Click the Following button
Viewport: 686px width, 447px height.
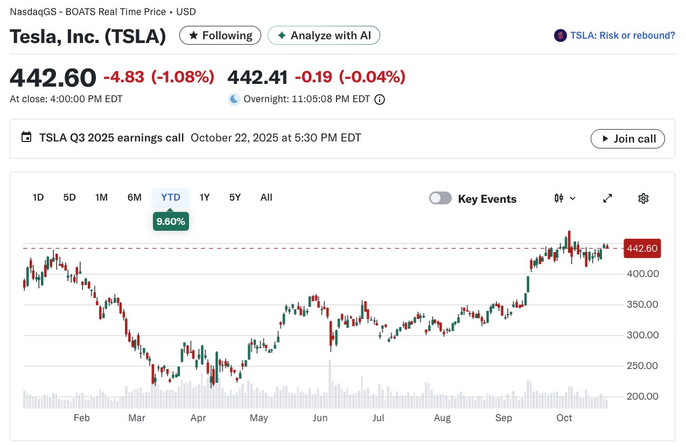click(x=220, y=36)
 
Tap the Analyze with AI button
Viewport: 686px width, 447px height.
click(x=324, y=36)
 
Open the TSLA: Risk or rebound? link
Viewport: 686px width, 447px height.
click(x=614, y=36)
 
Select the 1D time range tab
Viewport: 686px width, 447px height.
click(x=38, y=197)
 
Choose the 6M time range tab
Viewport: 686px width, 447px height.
click(x=135, y=197)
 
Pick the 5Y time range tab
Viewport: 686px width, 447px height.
click(x=235, y=197)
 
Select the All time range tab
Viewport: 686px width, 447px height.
click(x=266, y=197)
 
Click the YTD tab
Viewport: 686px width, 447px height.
click(x=171, y=197)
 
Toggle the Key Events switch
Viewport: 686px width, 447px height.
click(x=440, y=198)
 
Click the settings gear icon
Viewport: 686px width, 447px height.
click(x=643, y=198)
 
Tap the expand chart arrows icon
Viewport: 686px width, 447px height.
click(x=607, y=198)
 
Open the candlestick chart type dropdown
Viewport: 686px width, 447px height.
click(x=565, y=198)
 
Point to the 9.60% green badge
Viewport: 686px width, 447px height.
click(x=171, y=221)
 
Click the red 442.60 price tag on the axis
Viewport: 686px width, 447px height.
click(x=642, y=248)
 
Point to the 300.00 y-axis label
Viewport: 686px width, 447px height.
click(x=642, y=335)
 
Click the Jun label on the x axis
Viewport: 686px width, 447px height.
click(x=320, y=418)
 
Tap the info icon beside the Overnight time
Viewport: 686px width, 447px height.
click(x=380, y=100)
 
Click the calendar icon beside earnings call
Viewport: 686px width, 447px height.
click(x=26, y=137)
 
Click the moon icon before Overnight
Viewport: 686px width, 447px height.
click(x=234, y=99)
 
